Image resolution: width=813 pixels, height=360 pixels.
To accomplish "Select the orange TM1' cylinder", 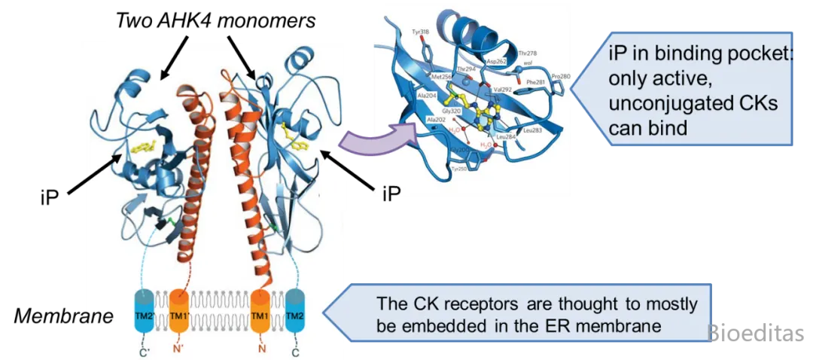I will click(178, 311).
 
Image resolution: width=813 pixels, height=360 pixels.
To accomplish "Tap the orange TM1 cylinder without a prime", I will click(260, 311).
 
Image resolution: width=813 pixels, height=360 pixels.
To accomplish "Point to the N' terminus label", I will click(178, 349).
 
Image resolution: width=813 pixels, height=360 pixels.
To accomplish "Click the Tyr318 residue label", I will click(421, 32).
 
